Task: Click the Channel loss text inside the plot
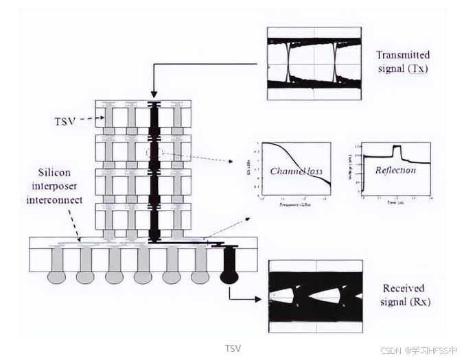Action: tap(297, 170)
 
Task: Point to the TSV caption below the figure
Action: tap(233, 348)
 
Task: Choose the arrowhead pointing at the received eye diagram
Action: tap(258, 299)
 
